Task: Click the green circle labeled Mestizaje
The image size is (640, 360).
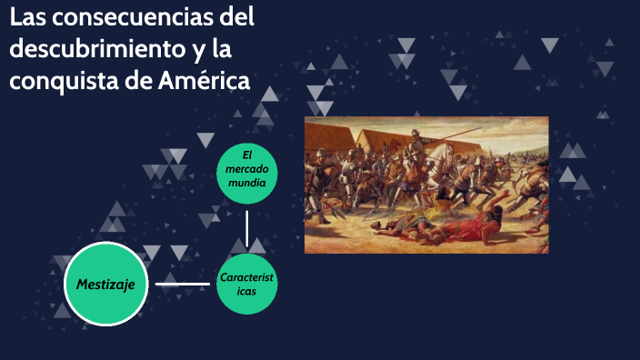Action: pyautogui.click(x=105, y=285)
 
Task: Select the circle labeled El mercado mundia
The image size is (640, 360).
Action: pyautogui.click(x=246, y=170)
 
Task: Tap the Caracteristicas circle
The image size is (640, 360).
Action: pyautogui.click(x=246, y=285)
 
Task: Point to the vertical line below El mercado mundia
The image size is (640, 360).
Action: pyautogui.click(x=247, y=228)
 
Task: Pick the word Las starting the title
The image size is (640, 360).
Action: pyautogui.click(x=25, y=17)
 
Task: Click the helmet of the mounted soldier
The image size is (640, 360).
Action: pyautogui.click(x=415, y=133)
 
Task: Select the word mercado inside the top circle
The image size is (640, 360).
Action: pyautogui.click(x=246, y=170)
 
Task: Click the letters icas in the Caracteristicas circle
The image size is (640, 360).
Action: pyautogui.click(x=246, y=292)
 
